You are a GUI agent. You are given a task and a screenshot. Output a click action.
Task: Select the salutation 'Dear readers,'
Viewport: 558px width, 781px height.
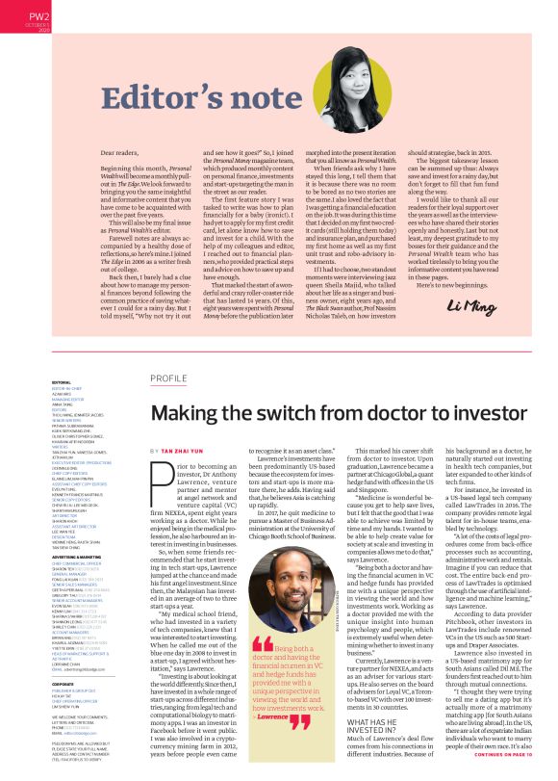120,152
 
